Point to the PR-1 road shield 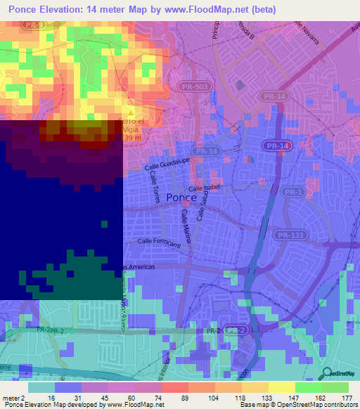coord(292,191)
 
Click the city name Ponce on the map coord(182,198)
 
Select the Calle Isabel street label coord(205,188)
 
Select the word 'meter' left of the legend coord(11,397)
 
